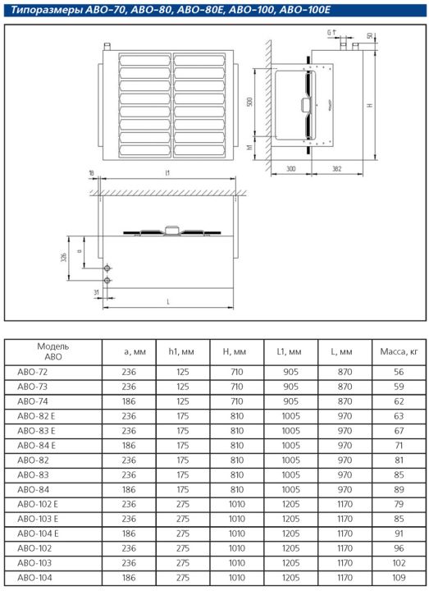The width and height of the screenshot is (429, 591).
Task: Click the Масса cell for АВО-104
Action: click(399, 577)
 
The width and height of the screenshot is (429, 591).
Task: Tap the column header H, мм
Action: click(235, 351)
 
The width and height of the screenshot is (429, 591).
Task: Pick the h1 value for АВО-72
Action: click(183, 372)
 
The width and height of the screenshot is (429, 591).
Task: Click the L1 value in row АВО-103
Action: click(290, 563)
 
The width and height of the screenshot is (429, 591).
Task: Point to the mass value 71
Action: click(399, 446)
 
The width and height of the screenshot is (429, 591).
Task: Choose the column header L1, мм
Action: click(289, 351)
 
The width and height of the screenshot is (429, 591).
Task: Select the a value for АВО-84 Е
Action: click(129, 446)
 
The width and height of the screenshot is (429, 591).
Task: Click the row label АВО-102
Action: click(34, 548)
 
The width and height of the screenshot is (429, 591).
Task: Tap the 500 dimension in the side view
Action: click(249, 102)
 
